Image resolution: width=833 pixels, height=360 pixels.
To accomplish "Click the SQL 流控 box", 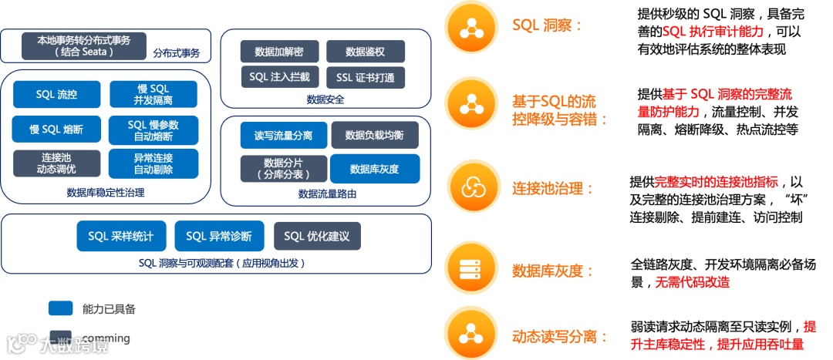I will [x=56, y=95].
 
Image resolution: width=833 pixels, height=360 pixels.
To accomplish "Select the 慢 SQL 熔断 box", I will [x=56, y=129].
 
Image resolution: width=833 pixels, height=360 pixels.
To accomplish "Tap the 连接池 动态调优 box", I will [x=56, y=163].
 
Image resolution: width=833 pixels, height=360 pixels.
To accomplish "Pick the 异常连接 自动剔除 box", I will [x=153, y=163].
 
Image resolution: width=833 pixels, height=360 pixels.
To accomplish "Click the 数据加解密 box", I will [x=278, y=52].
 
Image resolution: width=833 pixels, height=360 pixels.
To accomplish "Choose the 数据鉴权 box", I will [x=365, y=52].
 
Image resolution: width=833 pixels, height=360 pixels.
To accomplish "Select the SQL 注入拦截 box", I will [x=278, y=77].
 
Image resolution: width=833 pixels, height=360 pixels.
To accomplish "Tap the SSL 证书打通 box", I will [x=365, y=77].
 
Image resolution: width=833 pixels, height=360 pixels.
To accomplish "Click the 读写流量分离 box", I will [x=282, y=136].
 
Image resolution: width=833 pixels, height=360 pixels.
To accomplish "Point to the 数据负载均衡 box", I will [x=375, y=136].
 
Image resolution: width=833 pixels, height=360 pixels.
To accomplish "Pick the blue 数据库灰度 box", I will [x=375, y=169].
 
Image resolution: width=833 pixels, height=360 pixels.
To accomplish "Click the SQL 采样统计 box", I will [x=121, y=236].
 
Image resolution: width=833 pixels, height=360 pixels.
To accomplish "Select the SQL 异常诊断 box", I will [x=219, y=236].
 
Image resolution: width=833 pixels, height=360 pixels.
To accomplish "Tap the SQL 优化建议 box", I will [x=317, y=236].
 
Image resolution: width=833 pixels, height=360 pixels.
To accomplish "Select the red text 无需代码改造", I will [x=693, y=282].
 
